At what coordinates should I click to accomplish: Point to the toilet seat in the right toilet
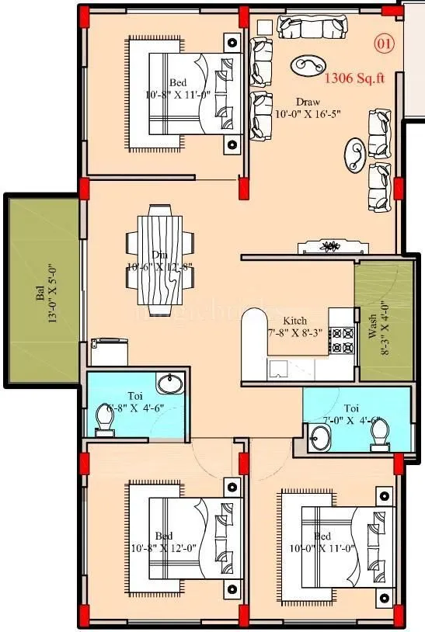click(x=378, y=437)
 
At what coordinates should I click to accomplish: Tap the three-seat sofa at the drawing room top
click(x=308, y=26)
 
